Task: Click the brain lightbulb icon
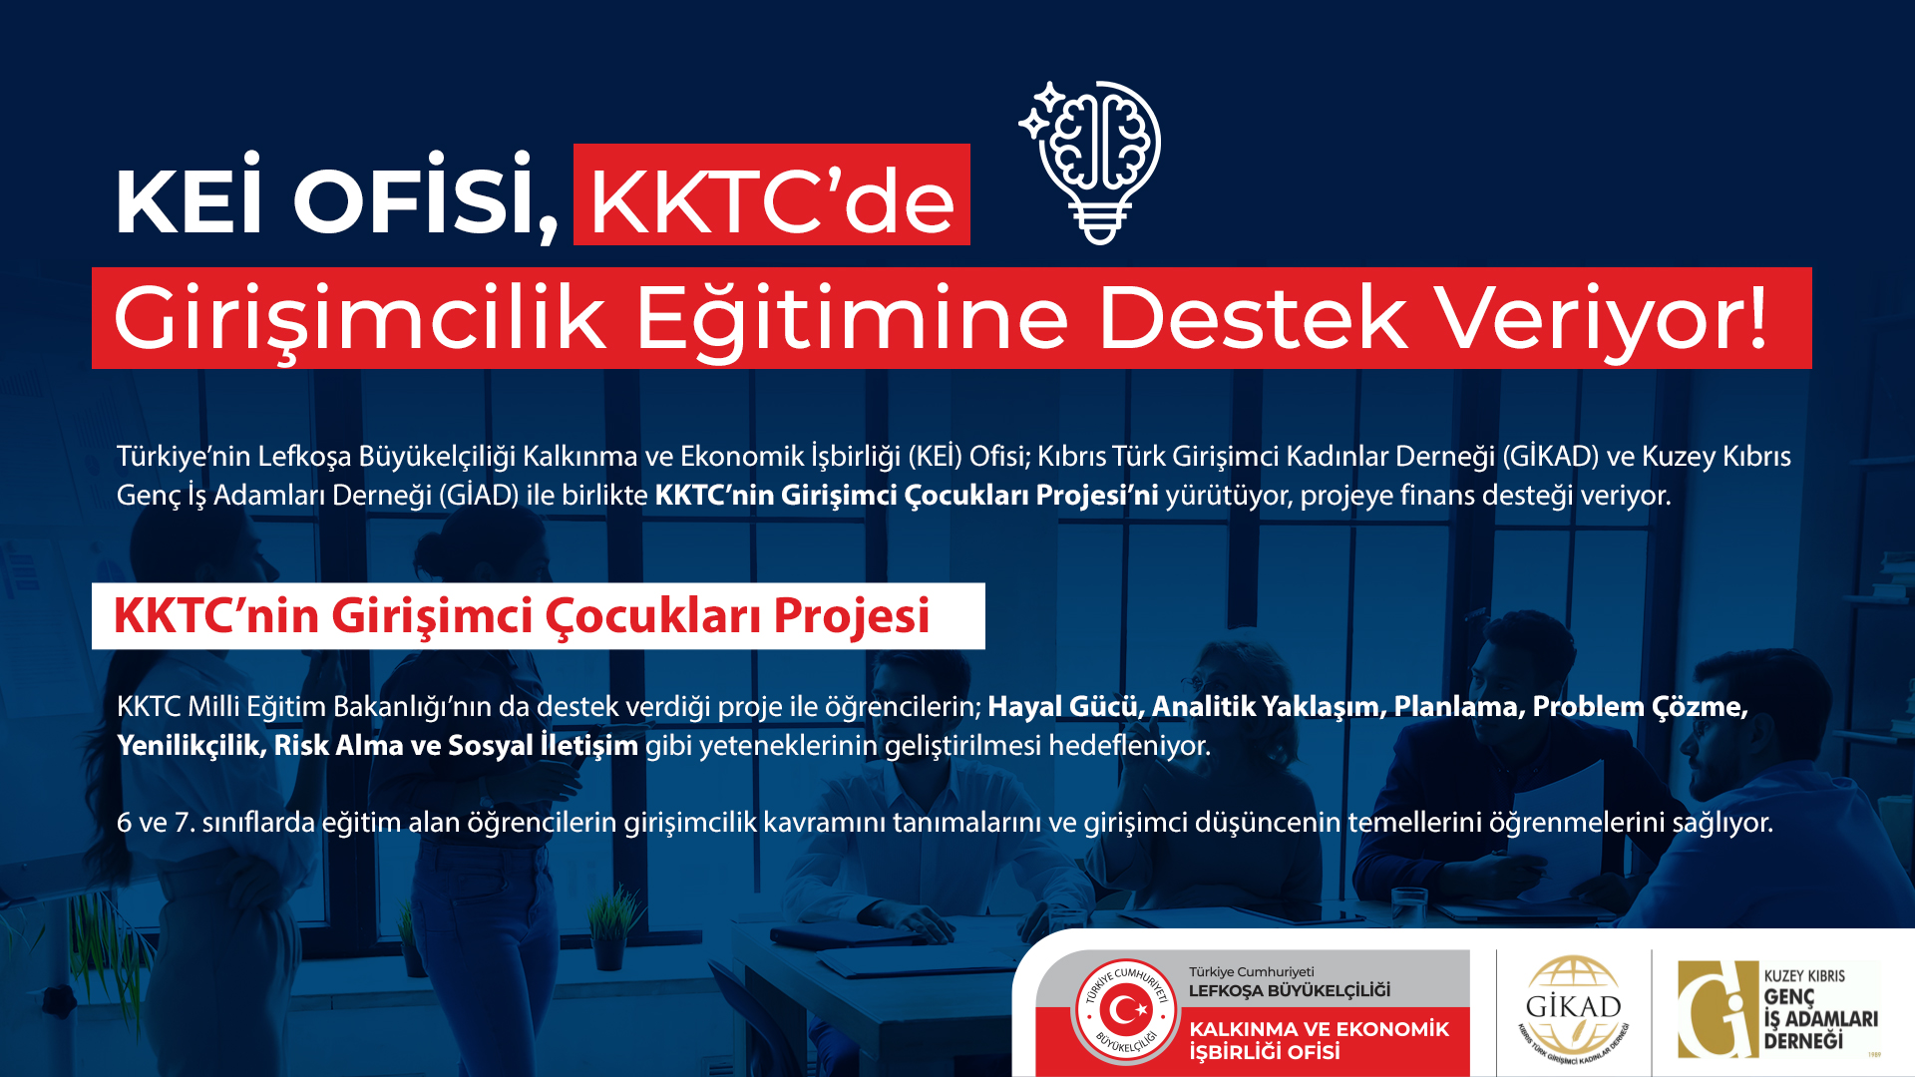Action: [x=1091, y=162]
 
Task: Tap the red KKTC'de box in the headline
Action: [x=772, y=194]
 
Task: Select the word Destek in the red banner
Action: [x=1253, y=318]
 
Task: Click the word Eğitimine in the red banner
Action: [x=852, y=318]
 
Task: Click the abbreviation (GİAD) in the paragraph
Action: [x=479, y=495]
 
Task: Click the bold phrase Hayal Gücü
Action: [x=1062, y=706]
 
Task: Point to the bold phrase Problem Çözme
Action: [x=1640, y=706]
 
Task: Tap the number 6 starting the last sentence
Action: [x=124, y=823]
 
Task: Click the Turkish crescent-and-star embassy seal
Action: [x=1126, y=1011]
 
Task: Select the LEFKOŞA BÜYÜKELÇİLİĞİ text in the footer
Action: [x=1289, y=990]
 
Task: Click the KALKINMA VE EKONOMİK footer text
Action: [x=1319, y=1029]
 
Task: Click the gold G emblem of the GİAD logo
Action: [x=1718, y=1009]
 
